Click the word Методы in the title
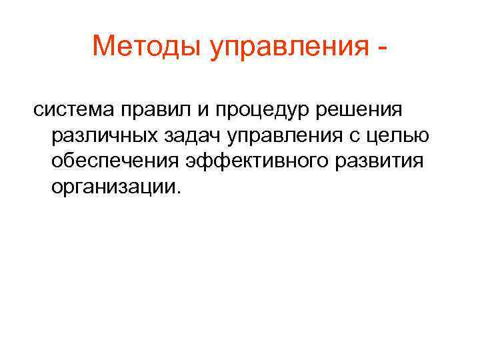pos(148,47)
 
